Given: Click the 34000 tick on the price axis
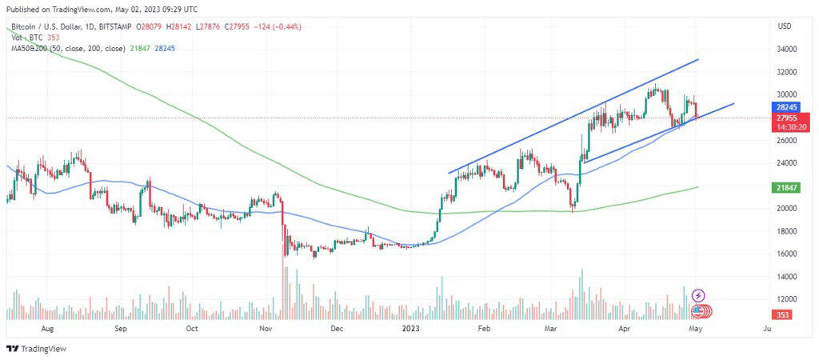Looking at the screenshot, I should point(787,49).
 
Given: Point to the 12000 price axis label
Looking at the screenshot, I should point(787,300).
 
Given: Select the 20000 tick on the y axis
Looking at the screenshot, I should point(787,209).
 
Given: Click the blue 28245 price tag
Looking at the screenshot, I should point(786,106).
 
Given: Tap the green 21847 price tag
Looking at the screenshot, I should point(786,186).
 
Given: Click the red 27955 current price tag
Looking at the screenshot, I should point(786,118).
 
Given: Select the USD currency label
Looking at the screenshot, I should point(785,26).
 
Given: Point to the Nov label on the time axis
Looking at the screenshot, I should point(266,329).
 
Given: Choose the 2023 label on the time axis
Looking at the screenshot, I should point(411,329).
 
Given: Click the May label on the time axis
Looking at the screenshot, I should point(695,329).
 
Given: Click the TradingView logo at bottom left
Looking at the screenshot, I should point(37,349).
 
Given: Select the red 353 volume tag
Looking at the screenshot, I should point(785,315).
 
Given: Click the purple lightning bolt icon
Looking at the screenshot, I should point(698,296).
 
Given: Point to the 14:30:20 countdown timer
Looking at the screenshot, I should point(786,126).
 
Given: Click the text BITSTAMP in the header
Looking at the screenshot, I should point(115,26).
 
